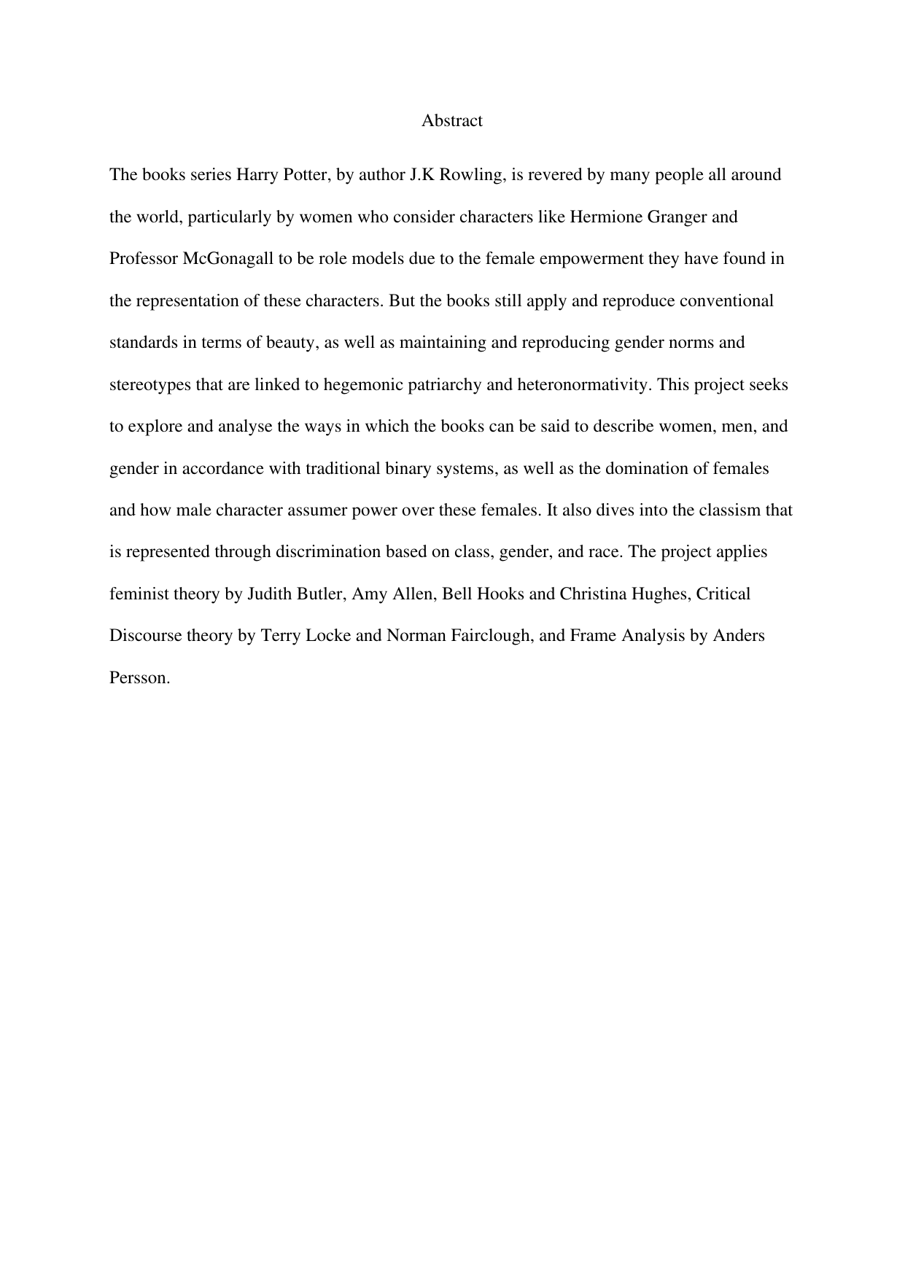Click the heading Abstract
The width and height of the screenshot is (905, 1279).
(451, 121)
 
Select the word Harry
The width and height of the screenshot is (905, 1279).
(254, 175)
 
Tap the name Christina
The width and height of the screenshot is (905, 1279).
(590, 594)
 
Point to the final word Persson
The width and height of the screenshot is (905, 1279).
(139, 677)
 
